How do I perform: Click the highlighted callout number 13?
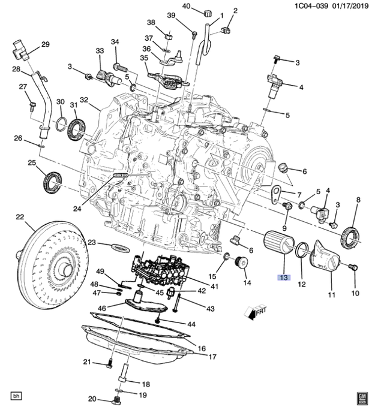(284, 278)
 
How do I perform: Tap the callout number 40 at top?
(186, 6)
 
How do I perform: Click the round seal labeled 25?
(53, 183)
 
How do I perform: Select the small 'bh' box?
(16, 396)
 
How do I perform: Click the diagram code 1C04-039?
(311, 6)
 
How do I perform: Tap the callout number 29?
(46, 44)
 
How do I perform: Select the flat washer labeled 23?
(121, 248)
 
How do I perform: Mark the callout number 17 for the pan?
(212, 357)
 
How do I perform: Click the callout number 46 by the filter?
(102, 308)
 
